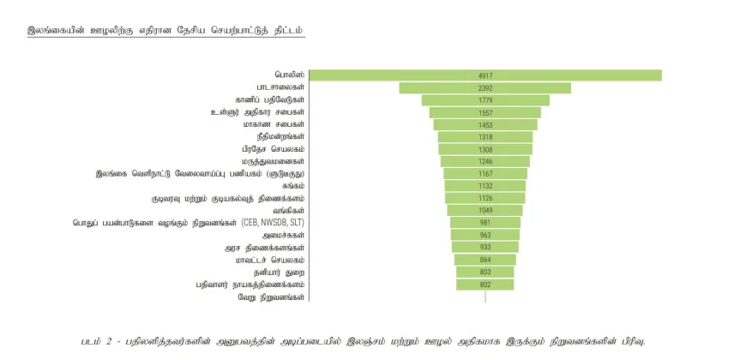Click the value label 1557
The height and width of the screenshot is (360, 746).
pos(485,112)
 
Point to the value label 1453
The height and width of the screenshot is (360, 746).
pos(485,125)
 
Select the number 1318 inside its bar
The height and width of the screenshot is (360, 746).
pos(485,137)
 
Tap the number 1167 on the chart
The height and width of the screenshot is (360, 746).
pos(485,174)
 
